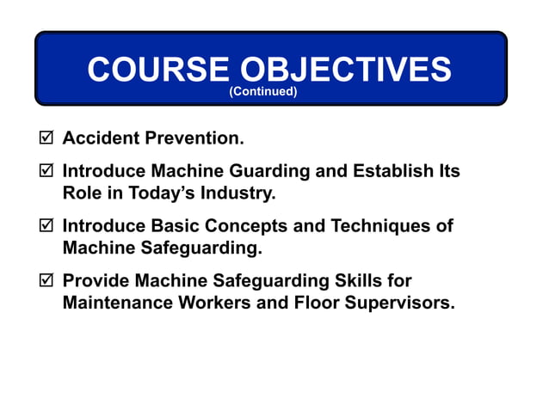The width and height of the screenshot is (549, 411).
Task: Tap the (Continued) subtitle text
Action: [x=263, y=92]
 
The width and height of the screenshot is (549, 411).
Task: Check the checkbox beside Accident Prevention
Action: [x=47, y=138]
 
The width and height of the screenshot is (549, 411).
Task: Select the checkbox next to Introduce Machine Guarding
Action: [x=47, y=171]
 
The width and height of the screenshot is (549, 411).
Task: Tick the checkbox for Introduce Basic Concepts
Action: [x=47, y=226]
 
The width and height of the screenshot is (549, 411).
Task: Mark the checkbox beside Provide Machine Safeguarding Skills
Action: [x=47, y=281]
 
